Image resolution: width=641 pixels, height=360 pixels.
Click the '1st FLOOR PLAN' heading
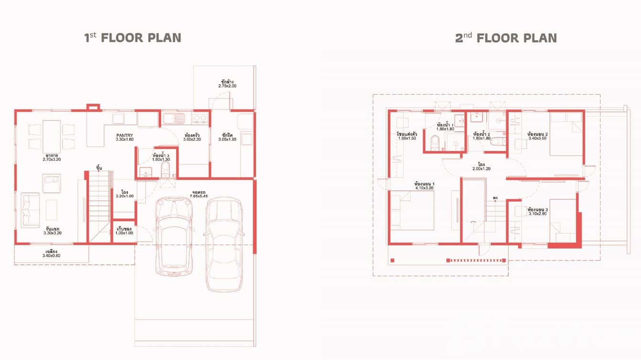[x=133, y=38]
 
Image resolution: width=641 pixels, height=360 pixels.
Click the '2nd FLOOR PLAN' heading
[x=505, y=38]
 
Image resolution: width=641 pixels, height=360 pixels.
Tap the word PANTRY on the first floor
[x=124, y=135]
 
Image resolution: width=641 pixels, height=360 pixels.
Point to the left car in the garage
[x=174, y=236]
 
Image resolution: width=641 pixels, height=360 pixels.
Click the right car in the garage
[x=224, y=244]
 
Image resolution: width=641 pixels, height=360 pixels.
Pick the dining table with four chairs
[x=51, y=136]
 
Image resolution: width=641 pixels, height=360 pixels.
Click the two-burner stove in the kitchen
[x=200, y=117]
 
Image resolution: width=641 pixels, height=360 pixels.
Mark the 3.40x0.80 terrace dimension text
[x=51, y=256]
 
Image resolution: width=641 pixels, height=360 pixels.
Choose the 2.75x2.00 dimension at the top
[x=227, y=86]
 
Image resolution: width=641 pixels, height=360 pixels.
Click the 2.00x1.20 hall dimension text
[x=481, y=169]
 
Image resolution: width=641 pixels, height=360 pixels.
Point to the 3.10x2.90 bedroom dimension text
[x=537, y=214]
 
